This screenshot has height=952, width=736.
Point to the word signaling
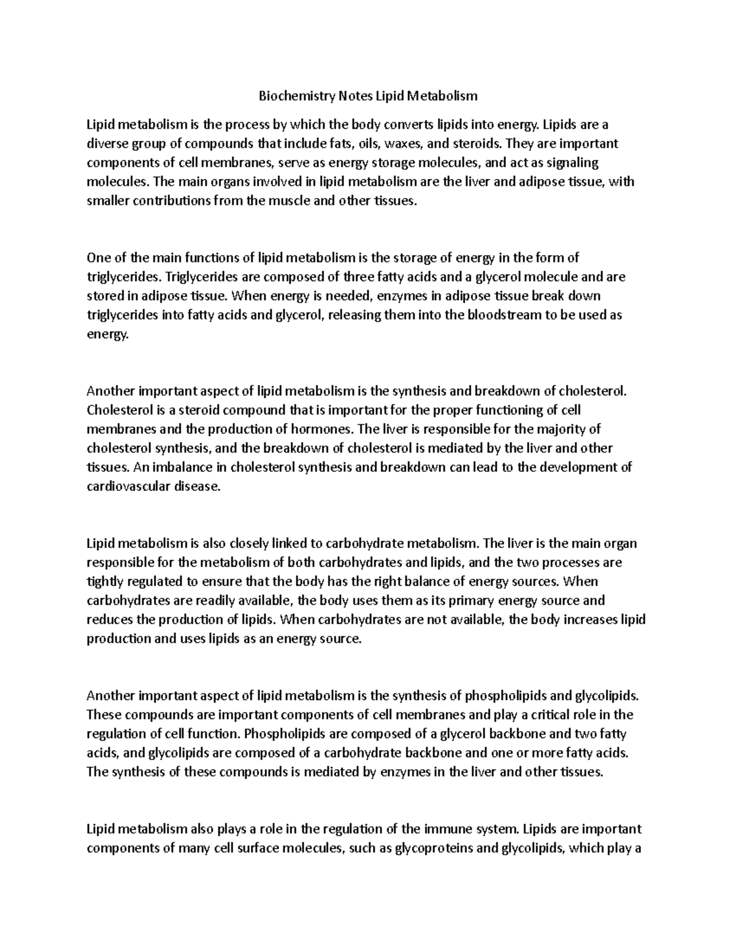tap(572, 162)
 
